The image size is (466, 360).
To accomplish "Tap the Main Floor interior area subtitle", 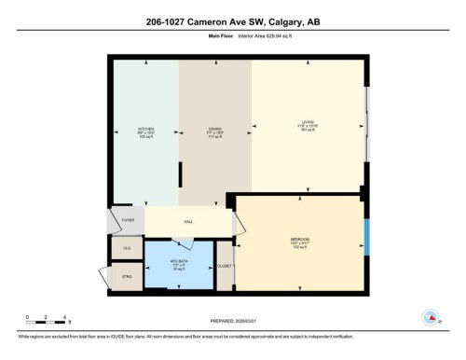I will (232, 39).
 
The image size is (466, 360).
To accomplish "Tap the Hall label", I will (188, 222).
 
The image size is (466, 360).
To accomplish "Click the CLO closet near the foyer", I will (127, 249).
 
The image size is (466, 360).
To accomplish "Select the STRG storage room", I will (127, 277).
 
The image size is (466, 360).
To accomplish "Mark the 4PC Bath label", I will (181, 264).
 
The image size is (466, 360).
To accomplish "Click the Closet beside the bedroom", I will (225, 267).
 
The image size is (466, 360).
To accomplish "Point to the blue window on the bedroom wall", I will (366, 237).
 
